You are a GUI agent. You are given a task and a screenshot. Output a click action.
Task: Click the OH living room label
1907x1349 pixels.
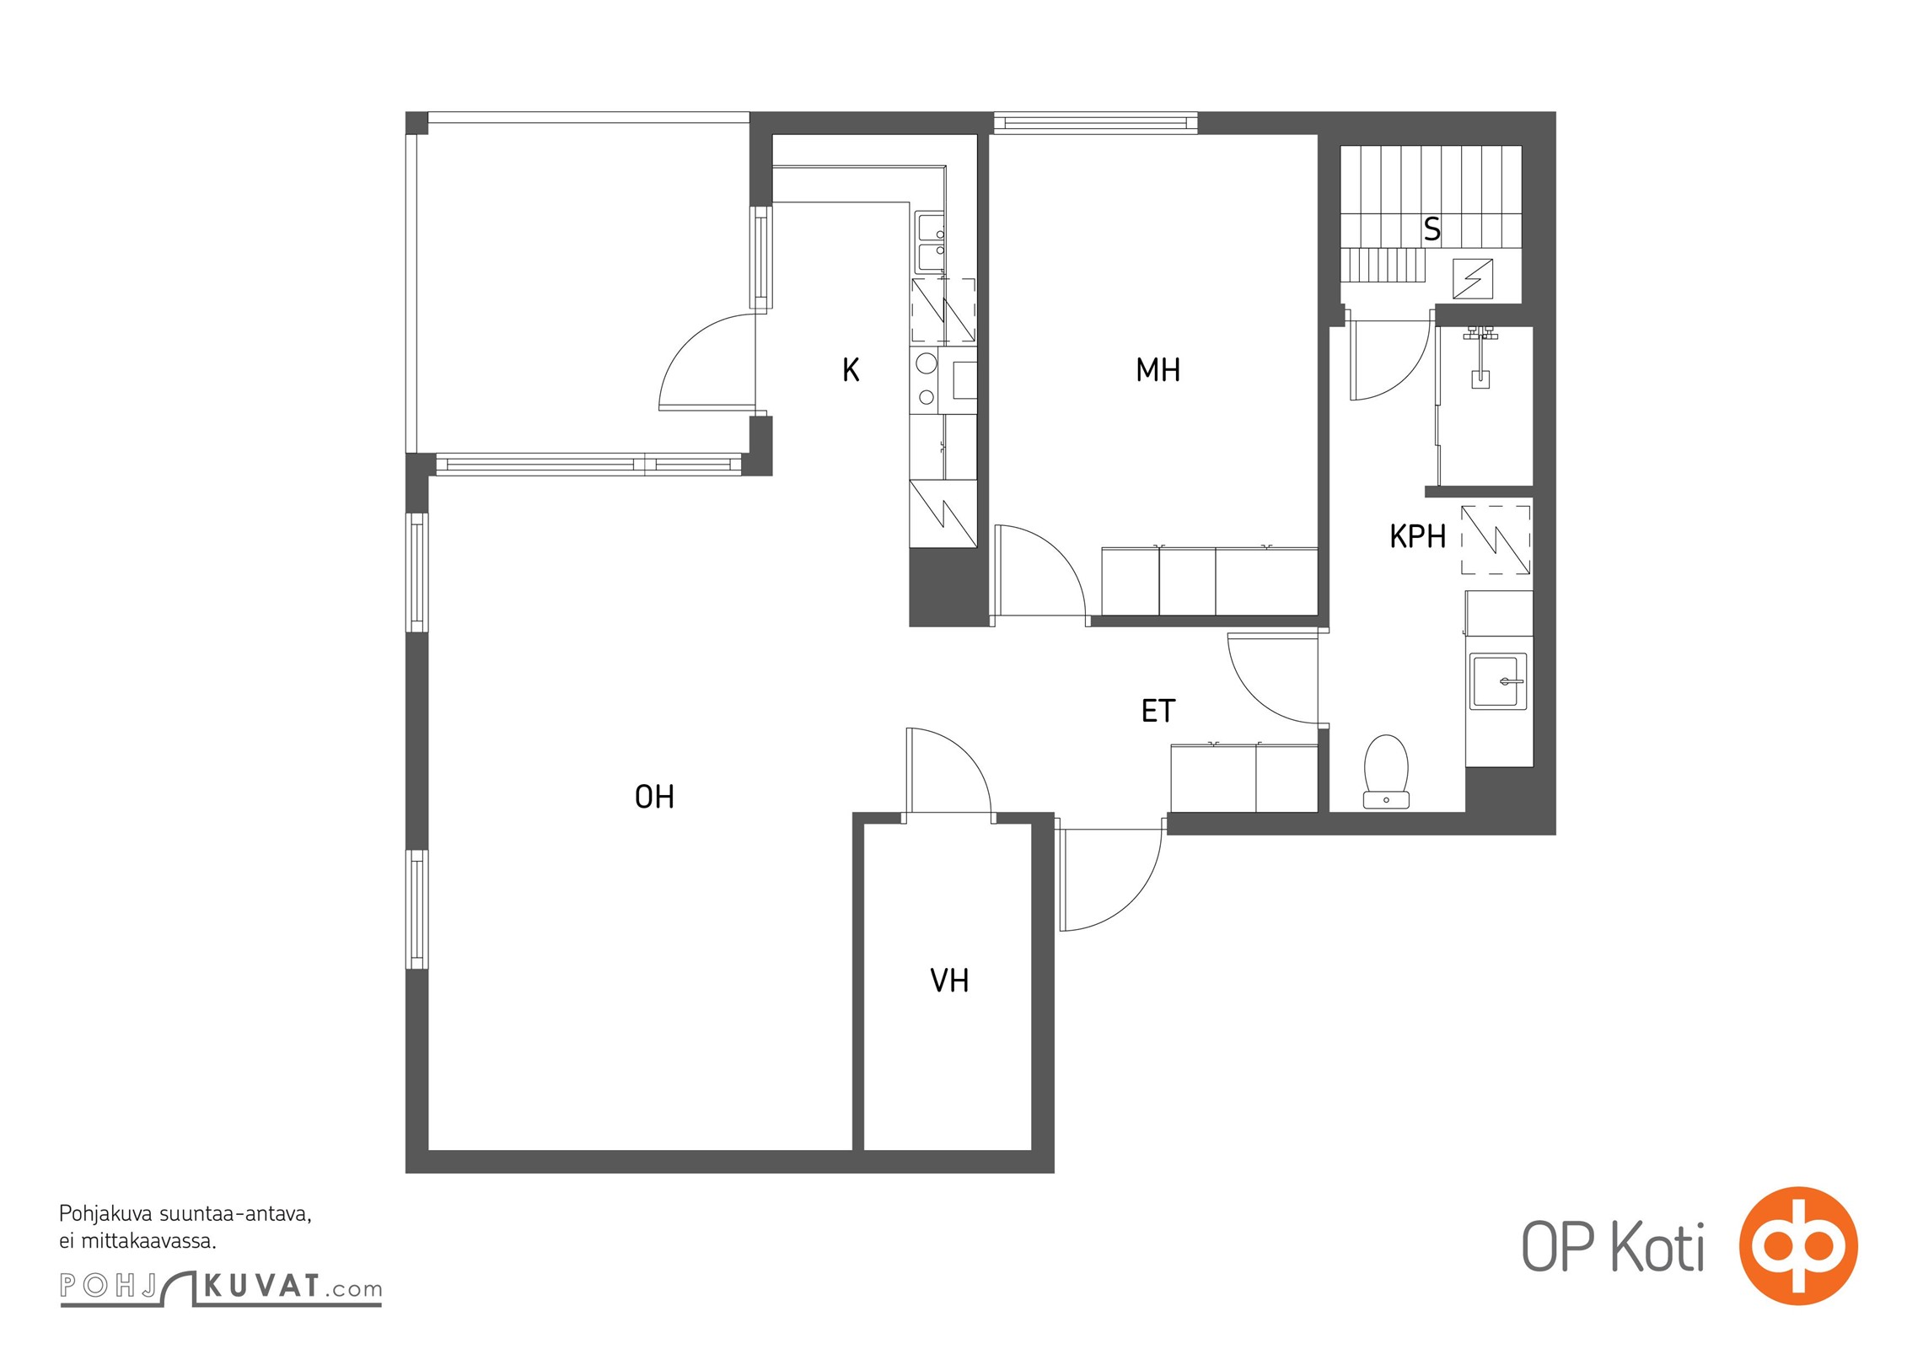654,797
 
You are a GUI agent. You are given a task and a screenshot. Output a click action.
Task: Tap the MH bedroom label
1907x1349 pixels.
1158,369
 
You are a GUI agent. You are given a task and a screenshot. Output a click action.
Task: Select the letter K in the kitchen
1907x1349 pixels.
851,369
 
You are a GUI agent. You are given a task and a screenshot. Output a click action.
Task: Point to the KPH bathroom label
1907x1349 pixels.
1417,536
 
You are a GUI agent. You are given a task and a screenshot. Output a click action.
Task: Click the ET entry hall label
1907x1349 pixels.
1158,711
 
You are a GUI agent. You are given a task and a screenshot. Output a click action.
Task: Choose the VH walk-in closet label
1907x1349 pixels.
949,980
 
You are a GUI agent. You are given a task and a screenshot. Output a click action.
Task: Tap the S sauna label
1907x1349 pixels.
1432,229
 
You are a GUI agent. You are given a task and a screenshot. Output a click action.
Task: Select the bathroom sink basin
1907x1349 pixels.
1498,681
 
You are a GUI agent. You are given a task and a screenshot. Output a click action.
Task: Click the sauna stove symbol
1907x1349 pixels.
1472,278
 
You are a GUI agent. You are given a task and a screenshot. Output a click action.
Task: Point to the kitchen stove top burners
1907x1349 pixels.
927,380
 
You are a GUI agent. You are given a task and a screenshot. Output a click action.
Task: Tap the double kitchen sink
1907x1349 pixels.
931,243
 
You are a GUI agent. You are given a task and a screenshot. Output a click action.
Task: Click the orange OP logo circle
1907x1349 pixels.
1798,1244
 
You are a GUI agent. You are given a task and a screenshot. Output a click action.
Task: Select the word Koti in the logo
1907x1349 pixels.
1657,1247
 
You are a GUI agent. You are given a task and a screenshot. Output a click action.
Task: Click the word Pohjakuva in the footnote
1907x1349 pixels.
106,1215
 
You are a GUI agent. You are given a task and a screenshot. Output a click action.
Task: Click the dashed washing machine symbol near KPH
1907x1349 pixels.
1496,540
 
